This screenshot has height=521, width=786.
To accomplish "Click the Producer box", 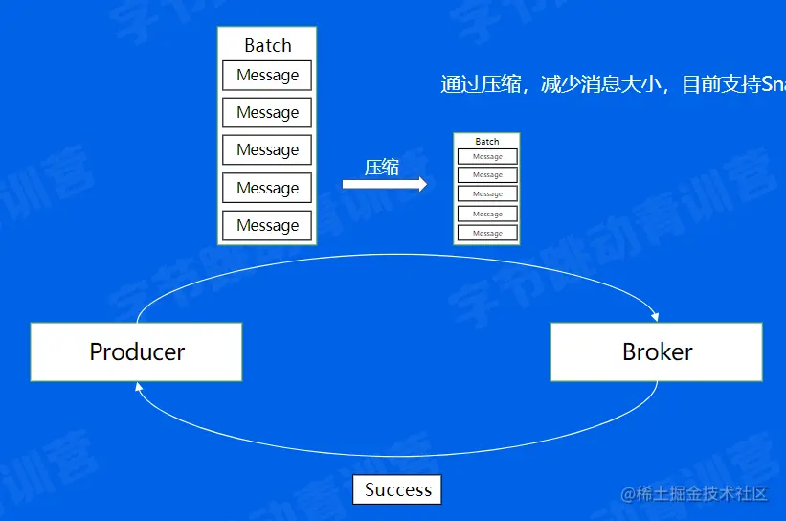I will (x=136, y=351).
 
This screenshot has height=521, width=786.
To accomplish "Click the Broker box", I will (x=657, y=351).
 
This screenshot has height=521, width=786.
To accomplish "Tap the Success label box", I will (x=397, y=489).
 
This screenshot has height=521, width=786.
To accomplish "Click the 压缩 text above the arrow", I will (x=381, y=167).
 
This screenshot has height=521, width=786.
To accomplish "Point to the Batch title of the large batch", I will (x=267, y=45).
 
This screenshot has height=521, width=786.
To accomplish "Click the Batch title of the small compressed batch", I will (x=487, y=142).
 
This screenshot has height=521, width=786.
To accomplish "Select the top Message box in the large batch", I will (x=267, y=76).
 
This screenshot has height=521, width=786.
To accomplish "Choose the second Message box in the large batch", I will (x=267, y=112).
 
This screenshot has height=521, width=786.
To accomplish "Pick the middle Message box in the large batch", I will (x=267, y=149).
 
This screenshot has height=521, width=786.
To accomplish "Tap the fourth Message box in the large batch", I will (x=267, y=188).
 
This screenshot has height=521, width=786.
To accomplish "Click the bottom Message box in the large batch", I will (x=267, y=225).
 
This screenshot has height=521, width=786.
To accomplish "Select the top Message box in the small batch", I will (x=487, y=156).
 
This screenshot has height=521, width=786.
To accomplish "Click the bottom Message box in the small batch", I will (x=487, y=233).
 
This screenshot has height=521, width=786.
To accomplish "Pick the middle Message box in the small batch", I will (x=487, y=194).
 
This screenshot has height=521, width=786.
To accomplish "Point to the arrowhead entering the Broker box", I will (x=656, y=316).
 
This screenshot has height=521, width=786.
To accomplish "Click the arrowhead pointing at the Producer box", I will (x=140, y=387).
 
